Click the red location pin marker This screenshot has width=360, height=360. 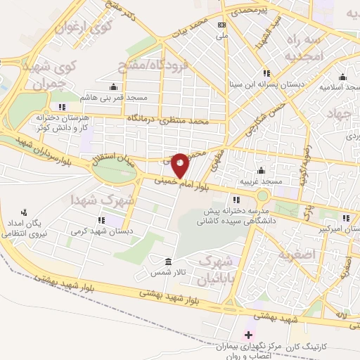180,164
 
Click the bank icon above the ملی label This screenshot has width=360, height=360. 222,24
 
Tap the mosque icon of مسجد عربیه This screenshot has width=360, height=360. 261,169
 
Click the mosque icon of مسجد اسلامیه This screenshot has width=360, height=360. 342,77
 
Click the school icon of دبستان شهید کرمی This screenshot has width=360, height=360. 110,220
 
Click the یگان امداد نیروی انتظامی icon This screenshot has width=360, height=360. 25,211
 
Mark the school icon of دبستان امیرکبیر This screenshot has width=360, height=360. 345,218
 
